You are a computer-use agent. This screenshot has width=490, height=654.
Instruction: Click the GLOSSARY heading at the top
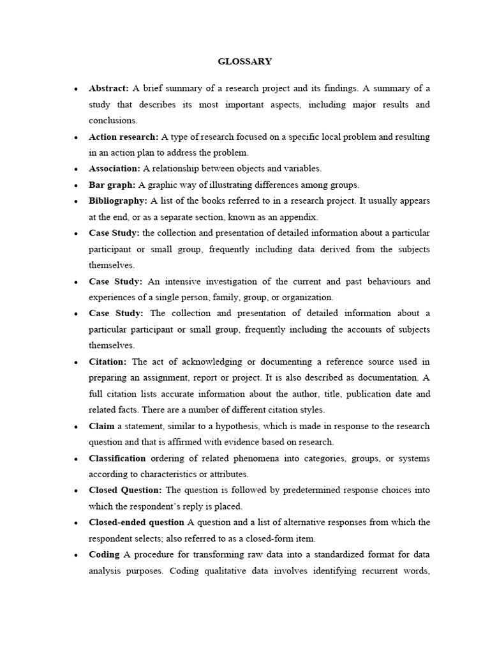(x=245, y=61)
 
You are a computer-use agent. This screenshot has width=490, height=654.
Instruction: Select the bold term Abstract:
(x=108, y=89)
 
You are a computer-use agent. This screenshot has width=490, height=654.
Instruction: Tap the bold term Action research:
(x=123, y=137)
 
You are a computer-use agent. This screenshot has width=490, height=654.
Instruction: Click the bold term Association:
(x=114, y=169)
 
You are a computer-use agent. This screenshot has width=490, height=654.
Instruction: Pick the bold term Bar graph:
(x=112, y=185)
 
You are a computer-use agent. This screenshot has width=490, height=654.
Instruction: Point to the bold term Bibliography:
(x=118, y=201)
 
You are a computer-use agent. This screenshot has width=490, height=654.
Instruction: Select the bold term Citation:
(x=108, y=361)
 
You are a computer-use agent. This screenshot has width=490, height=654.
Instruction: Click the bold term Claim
(x=101, y=426)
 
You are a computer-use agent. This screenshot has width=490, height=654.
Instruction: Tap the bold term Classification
(x=117, y=458)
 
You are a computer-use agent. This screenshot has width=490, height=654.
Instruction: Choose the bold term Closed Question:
(x=126, y=490)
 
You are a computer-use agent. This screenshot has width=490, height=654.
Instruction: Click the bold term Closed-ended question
(x=137, y=522)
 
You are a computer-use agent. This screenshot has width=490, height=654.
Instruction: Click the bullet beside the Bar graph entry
(x=76, y=185)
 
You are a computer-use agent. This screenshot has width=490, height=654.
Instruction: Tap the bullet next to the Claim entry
(x=76, y=427)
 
